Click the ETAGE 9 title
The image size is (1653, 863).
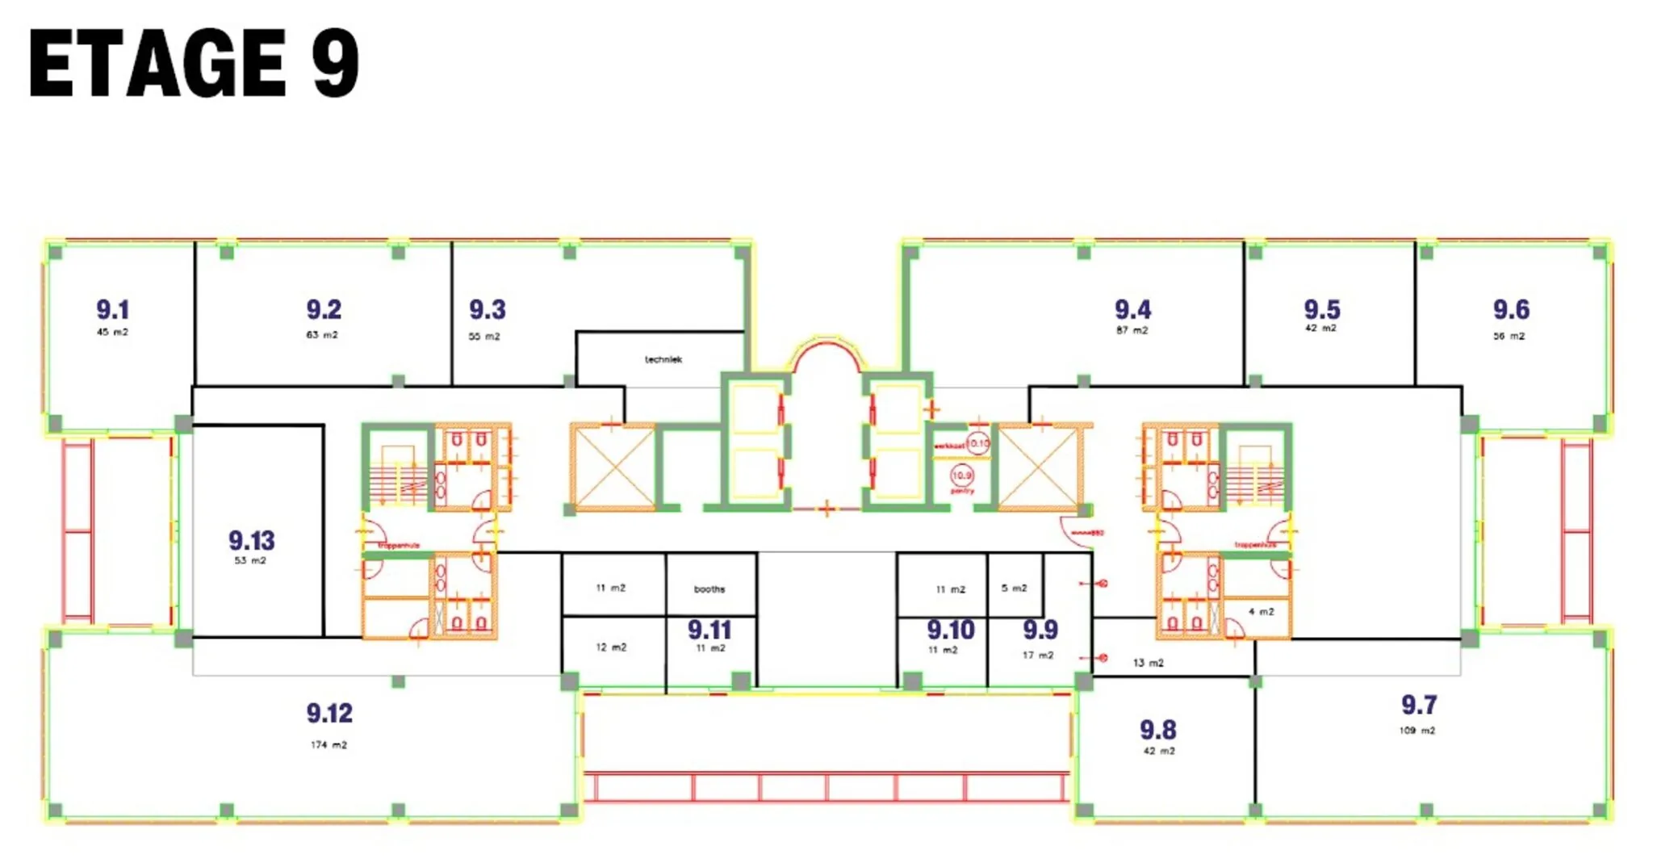point(194,63)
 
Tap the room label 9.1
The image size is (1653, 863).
point(112,309)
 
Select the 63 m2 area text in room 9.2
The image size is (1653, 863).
point(321,334)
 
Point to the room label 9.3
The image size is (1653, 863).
point(488,309)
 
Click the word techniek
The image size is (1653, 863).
point(663,359)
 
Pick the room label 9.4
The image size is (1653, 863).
point(1132,309)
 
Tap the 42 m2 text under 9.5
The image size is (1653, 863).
point(1320,328)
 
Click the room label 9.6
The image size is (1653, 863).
point(1510,309)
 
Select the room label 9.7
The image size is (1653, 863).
point(1418,705)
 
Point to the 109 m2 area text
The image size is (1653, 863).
point(1417,730)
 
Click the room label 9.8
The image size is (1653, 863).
point(1157,730)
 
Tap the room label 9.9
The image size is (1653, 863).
point(1040,630)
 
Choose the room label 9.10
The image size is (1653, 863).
point(950,630)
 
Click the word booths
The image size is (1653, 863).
point(709,589)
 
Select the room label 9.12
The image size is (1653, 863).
point(329,713)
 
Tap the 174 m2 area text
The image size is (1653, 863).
point(329,744)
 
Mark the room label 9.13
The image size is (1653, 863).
point(251,540)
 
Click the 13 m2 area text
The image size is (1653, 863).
point(1148,663)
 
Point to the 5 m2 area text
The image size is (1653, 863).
point(1014,588)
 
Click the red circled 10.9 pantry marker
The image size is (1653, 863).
point(962,475)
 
